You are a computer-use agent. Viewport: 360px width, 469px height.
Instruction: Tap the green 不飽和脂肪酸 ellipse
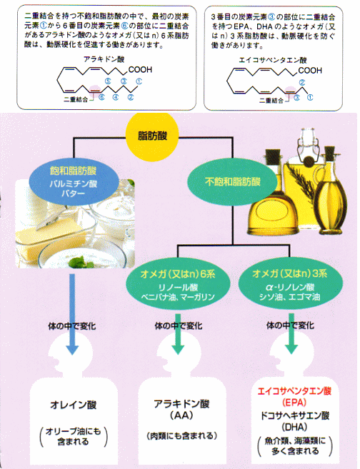(233, 181)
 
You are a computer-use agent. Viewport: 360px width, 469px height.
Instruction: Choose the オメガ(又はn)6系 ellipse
(178, 283)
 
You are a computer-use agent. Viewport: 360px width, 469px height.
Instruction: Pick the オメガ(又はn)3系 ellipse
(289, 283)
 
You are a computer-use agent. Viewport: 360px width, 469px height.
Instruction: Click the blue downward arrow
(72, 314)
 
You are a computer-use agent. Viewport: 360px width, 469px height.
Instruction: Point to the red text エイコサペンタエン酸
(294, 391)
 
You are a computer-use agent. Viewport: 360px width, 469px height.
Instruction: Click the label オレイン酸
(74, 405)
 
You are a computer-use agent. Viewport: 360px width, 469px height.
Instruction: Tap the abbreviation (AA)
(181, 415)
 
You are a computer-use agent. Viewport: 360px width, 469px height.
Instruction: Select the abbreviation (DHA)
(294, 427)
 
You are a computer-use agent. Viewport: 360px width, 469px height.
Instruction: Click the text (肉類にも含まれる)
(182, 435)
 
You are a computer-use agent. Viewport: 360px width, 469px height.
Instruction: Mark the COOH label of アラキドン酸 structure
(140, 70)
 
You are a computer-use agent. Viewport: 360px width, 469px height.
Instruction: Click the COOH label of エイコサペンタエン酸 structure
(310, 71)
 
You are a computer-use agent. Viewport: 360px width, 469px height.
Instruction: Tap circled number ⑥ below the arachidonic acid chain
(101, 97)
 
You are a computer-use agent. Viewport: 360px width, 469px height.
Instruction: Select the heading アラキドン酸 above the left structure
(104, 59)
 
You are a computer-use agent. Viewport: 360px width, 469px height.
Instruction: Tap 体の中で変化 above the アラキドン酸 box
(179, 326)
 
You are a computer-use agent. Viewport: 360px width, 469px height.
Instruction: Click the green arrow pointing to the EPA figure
(291, 334)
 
